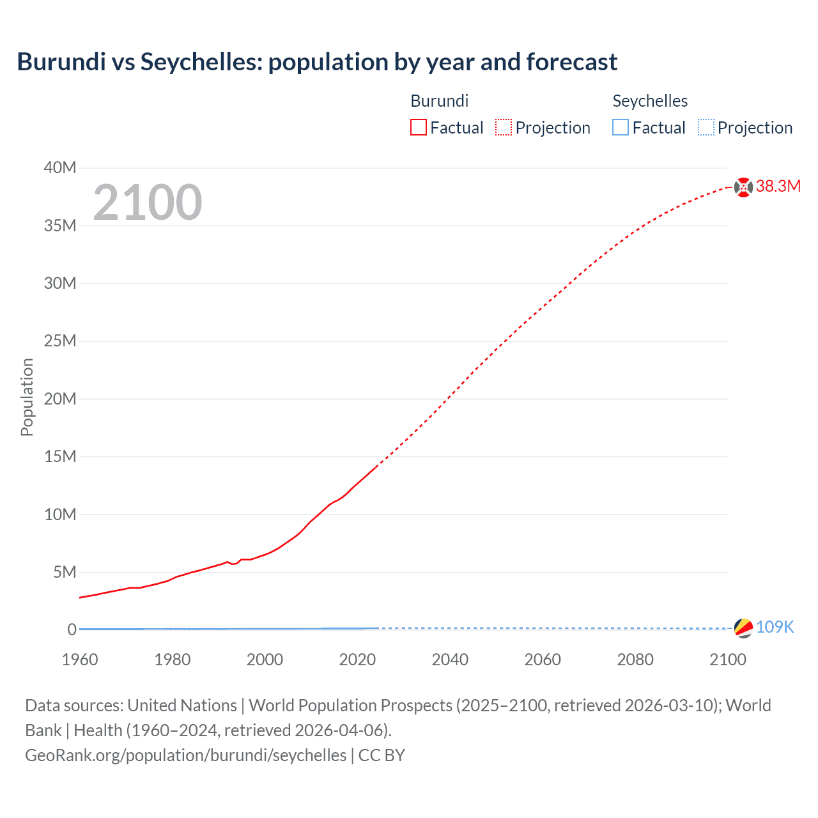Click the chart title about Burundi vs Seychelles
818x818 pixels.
317,62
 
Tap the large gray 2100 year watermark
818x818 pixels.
148,203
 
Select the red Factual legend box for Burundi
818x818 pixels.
419,128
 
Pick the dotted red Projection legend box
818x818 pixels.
504,128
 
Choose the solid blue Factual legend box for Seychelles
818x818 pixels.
621,128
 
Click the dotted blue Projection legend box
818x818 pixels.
706,128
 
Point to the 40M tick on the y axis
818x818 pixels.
60,167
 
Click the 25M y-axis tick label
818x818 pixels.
60,341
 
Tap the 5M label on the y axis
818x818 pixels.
64,572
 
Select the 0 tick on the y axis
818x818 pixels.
72,629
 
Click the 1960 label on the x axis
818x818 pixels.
80,660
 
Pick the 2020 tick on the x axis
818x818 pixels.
357,660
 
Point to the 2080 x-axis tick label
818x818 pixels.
635,660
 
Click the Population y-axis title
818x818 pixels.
27,397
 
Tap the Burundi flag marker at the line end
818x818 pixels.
743,187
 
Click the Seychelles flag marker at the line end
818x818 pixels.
743,628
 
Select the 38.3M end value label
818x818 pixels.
778,187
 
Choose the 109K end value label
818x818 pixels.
775,628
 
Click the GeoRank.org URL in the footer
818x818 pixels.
186,755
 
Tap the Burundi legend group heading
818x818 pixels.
440,101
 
